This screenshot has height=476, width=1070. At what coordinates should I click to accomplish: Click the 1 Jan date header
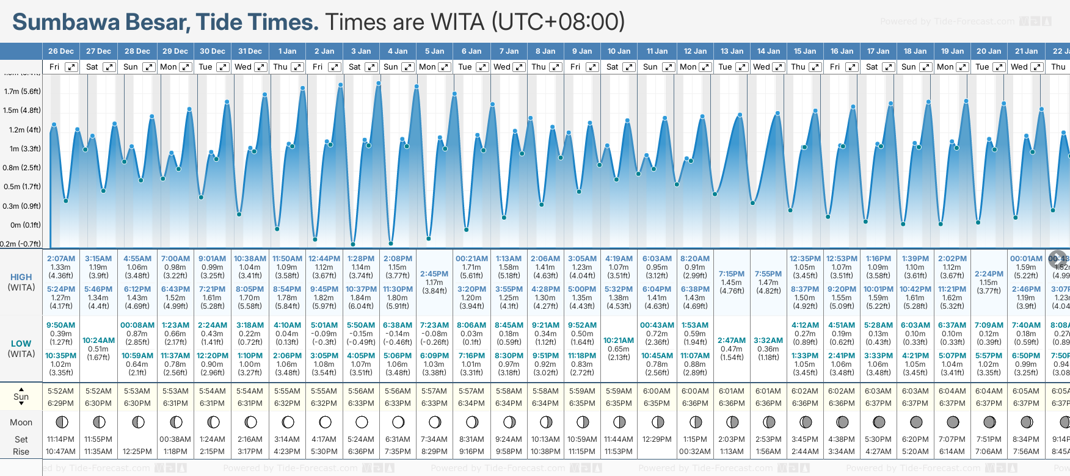(x=287, y=51)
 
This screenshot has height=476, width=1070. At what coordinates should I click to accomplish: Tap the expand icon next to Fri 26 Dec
(x=71, y=67)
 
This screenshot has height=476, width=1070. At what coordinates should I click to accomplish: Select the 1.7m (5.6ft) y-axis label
(x=23, y=92)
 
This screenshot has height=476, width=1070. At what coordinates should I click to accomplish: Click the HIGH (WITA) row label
(x=21, y=282)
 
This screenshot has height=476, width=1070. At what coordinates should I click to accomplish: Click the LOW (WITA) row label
(x=21, y=348)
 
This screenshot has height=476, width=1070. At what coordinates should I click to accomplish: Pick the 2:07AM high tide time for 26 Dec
(x=61, y=259)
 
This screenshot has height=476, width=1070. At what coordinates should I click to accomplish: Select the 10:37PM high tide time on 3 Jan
(x=361, y=289)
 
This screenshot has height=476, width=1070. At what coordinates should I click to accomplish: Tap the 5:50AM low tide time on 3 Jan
(x=361, y=325)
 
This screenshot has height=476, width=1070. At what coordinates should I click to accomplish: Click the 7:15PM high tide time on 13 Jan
(x=732, y=274)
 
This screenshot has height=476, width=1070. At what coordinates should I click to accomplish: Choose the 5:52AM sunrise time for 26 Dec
(x=60, y=391)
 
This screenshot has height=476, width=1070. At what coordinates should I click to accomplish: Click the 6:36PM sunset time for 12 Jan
(x=695, y=403)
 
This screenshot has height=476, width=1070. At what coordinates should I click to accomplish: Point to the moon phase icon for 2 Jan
(x=325, y=422)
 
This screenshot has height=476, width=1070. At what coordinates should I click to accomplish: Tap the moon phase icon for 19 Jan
(x=953, y=422)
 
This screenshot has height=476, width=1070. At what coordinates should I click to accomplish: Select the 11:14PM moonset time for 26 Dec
(x=60, y=439)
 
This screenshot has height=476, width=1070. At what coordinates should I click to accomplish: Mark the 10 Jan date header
(x=619, y=51)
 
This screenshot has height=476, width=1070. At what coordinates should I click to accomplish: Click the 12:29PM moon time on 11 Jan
(x=657, y=439)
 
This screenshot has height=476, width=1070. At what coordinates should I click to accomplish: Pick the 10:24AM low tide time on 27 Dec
(x=98, y=341)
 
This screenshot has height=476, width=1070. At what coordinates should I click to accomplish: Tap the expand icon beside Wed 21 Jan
(x=1036, y=67)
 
